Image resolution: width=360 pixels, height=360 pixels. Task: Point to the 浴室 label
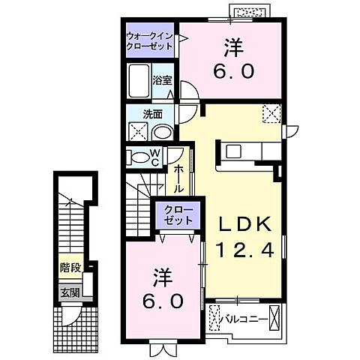tap(162, 80)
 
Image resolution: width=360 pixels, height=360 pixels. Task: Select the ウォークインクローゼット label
tap(150, 40)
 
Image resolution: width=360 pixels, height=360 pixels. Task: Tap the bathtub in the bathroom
tap(139, 79)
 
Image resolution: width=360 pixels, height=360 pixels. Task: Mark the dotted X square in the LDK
tap(271, 113)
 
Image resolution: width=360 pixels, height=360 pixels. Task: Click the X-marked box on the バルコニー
tap(274, 317)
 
